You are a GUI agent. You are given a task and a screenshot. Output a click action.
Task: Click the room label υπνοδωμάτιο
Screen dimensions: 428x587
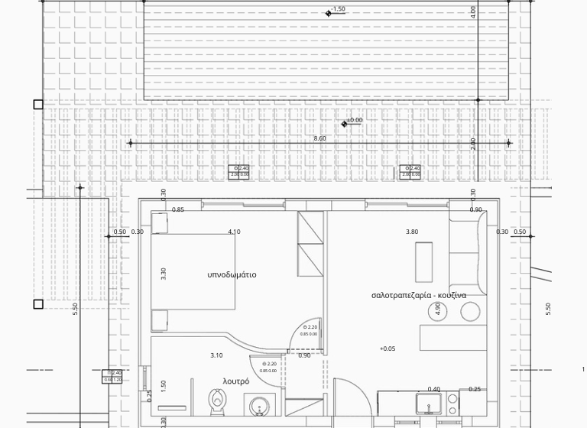tap(232, 274)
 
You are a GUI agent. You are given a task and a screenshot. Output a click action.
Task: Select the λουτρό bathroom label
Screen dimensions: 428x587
tap(235, 381)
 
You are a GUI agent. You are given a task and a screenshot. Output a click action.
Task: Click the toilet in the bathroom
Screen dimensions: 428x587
tap(218, 400)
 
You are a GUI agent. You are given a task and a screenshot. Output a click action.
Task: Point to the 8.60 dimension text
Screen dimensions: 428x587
tap(319, 138)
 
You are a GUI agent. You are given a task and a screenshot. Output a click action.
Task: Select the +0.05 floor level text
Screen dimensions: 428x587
tap(388, 349)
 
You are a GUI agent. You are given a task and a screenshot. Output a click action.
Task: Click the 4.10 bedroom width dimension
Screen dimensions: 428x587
tap(234, 232)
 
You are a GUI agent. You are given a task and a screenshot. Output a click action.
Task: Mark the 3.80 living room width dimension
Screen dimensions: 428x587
tap(412, 232)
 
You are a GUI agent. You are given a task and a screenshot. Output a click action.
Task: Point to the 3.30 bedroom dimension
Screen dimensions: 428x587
tap(164, 273)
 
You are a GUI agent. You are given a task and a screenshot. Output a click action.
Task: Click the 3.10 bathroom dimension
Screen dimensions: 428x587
tap(216, 355)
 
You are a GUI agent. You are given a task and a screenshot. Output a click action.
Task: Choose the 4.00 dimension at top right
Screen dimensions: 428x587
tap(473, 11)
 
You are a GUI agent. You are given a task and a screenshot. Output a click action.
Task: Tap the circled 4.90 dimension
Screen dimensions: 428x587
tap(438, 310)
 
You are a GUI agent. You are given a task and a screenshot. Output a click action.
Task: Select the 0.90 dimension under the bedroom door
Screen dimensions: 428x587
tap(304, 355)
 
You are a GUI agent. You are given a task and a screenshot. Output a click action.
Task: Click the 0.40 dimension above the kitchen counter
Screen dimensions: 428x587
tap(433, 389)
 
